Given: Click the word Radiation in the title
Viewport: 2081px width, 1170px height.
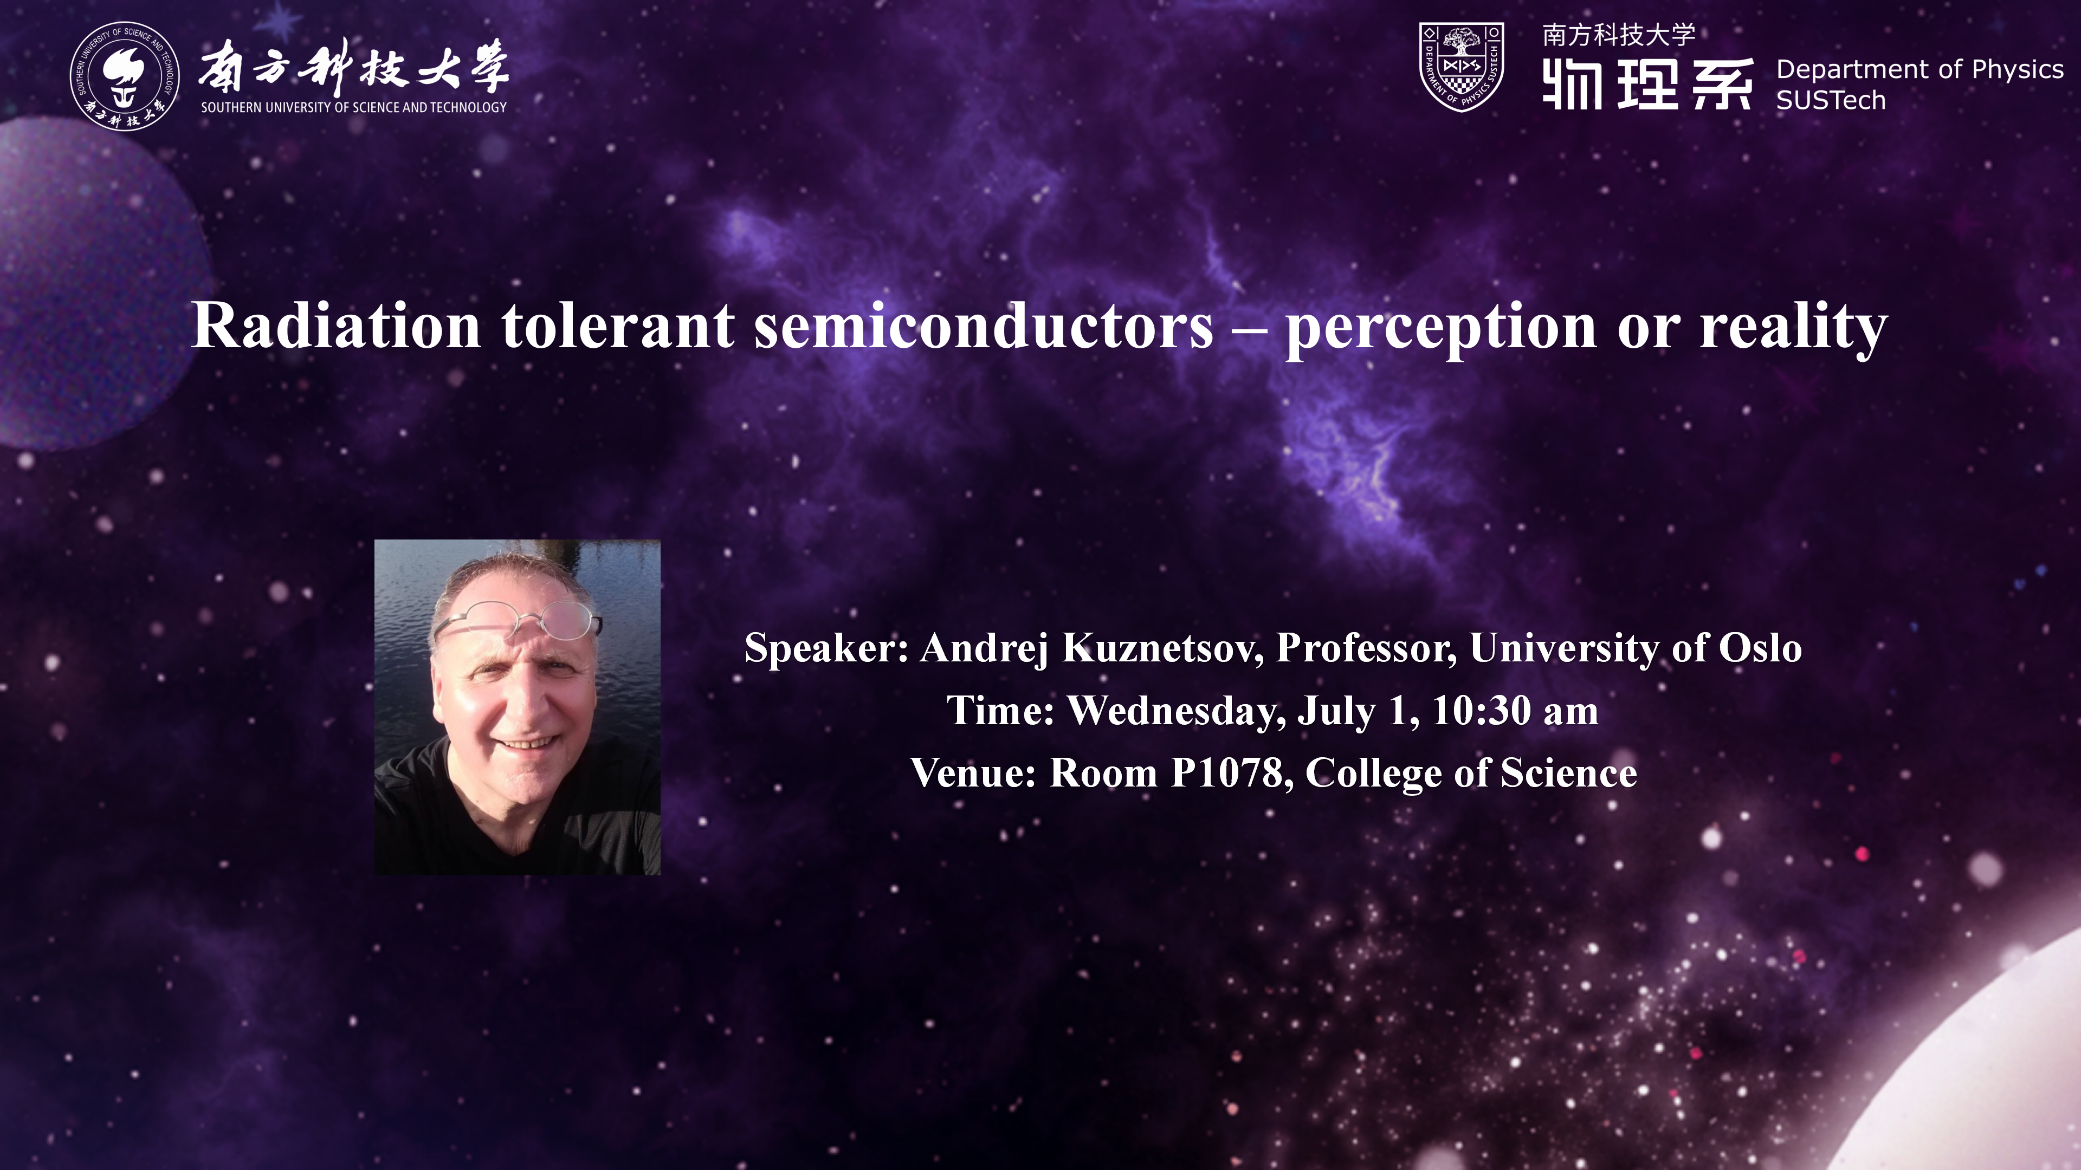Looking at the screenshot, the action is (336, 326).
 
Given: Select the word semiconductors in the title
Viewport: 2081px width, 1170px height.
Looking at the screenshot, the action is (984, 326).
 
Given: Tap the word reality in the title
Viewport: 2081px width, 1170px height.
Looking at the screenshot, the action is (1793, 329).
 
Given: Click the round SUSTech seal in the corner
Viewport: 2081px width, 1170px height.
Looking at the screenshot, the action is (125, 75).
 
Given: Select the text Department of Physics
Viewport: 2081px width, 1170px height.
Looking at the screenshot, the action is (1920, 69).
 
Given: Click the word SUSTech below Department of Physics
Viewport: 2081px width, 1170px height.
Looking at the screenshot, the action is (1831, 100).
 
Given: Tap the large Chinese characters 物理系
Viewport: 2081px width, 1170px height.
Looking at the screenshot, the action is (1648, 84).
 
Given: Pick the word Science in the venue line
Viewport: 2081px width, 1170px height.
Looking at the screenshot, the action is (1569, 773).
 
